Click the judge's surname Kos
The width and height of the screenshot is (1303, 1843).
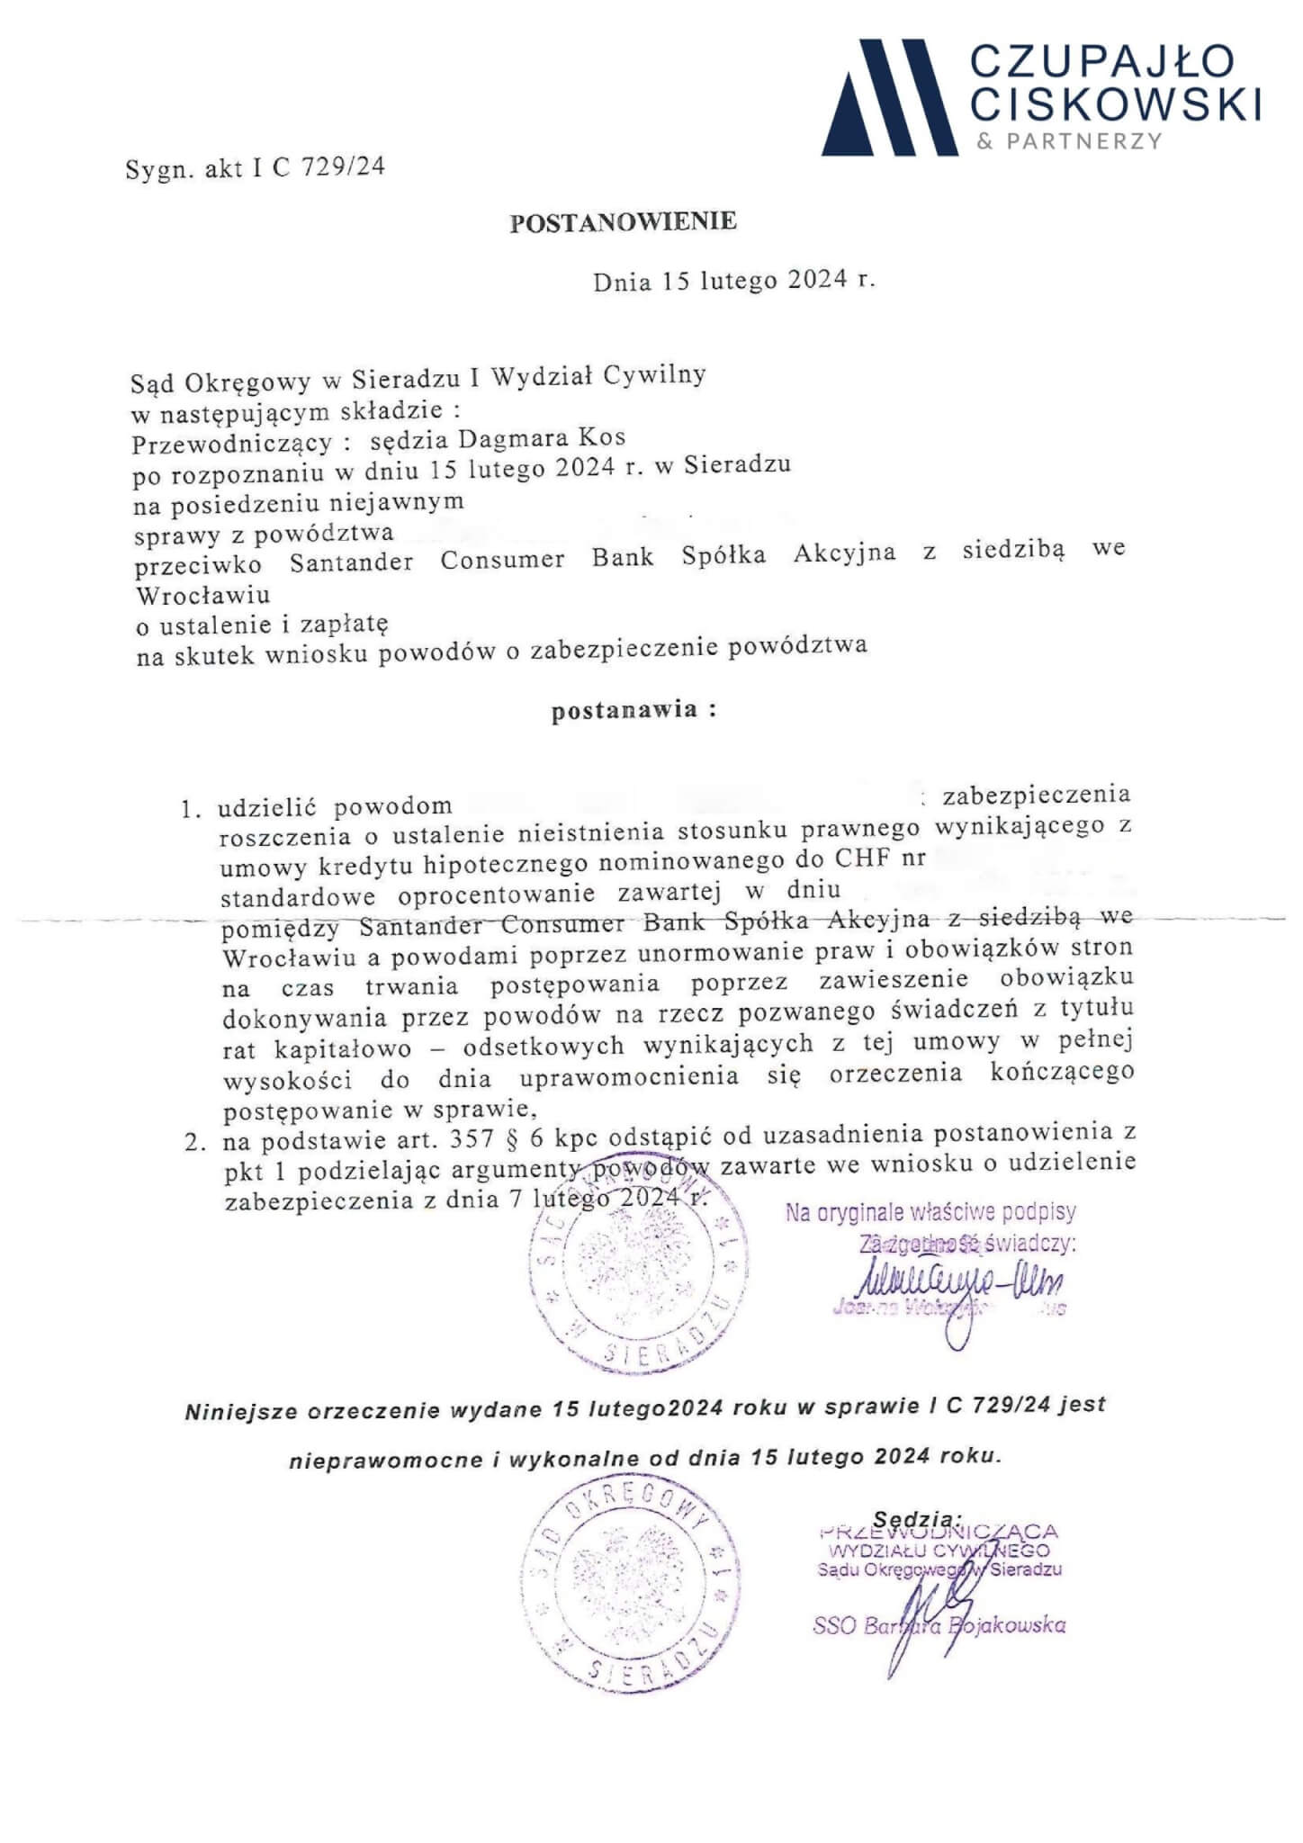coord(604,438)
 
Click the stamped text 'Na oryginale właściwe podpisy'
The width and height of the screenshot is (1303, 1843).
coord(930,1212)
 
